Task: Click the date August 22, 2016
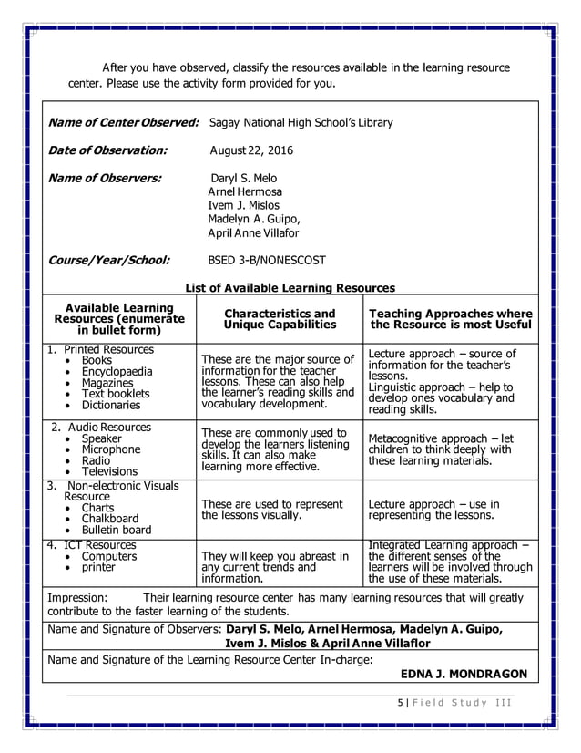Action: click(x=251, y=150)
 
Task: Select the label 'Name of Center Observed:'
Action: click(x=123, y=122)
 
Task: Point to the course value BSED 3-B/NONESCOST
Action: click(x=267, y=260)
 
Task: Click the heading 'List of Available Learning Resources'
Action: click(x=290, y=288)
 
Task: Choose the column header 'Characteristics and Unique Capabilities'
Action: click(x=280, y=319)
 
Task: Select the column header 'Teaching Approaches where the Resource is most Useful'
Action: click(x=451, y=319)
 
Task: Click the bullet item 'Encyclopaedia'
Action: click(x=117, y=372)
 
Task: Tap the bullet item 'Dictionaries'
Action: click(x=110, y=405)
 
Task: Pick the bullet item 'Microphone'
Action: click(x=110, y=449)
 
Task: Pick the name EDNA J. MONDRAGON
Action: click(x=464, y=675)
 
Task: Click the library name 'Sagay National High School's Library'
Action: click(x=301, y=122)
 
